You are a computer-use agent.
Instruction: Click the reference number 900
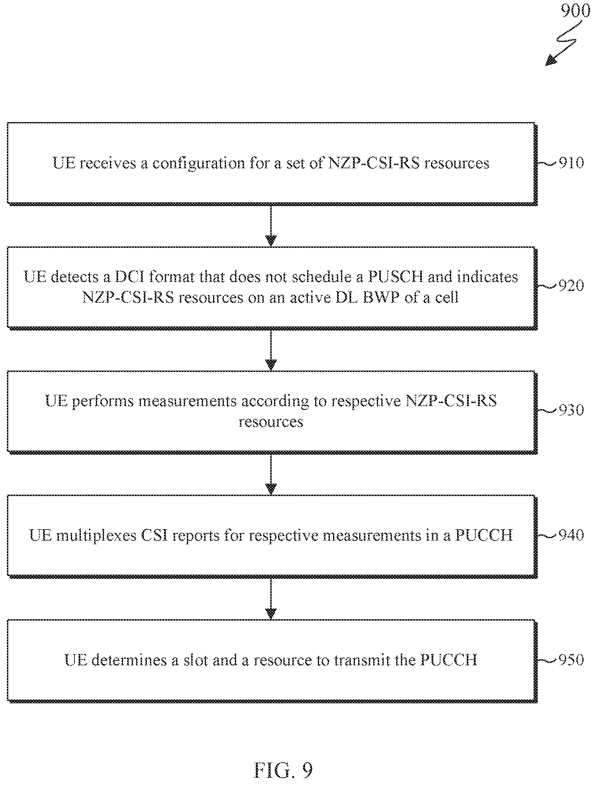click(575, 11)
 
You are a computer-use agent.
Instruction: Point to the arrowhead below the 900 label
click(551, 60)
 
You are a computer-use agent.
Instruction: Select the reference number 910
click(571, 163)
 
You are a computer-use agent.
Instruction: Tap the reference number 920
click(571, 285)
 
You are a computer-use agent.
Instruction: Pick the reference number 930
click(571, 410)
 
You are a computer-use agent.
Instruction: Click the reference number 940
click(571, 535)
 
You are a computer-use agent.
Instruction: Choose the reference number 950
click(571, 660)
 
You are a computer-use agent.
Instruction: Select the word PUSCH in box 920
click(395, 277)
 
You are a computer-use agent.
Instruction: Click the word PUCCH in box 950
click(448, 660)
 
